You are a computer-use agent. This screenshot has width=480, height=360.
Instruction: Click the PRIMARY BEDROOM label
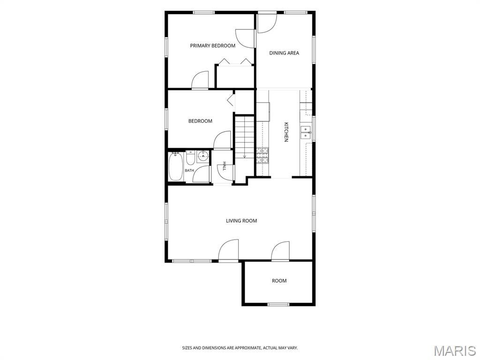(213, 45)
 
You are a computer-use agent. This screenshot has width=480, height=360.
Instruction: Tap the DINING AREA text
(284, 53)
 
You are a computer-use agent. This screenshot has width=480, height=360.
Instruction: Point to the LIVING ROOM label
(241, 221)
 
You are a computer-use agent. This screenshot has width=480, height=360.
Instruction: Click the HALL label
(225, 166)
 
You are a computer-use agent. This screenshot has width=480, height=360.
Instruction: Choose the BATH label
(189, 171)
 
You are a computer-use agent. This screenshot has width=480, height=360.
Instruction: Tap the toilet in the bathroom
(190, 157)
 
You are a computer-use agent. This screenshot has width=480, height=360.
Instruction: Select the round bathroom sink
(202, 157)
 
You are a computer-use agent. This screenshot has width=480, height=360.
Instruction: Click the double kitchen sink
(306, 132)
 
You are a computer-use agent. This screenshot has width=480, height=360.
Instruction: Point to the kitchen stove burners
(262, 155)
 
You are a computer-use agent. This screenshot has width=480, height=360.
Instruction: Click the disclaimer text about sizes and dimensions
(240, 348)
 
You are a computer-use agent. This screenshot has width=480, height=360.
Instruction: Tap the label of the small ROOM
(279, 281)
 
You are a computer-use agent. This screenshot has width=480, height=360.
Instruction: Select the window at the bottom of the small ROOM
(278, 304)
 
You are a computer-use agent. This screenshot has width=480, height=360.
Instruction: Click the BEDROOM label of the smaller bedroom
(200, 121)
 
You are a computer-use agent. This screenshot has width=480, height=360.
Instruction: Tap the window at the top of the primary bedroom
(204, 13)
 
